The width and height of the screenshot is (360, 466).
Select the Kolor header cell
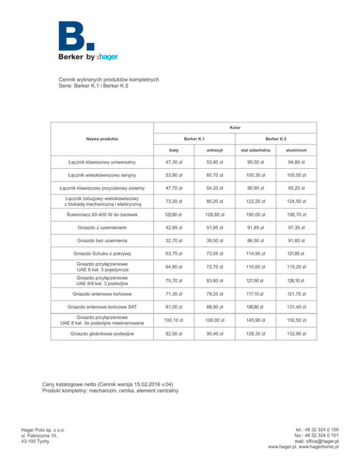coord(235,127)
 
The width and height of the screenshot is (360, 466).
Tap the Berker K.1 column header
coord(195,139)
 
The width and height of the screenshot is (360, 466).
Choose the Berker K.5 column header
coord(276,139)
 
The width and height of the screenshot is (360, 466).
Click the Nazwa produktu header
coord(102,139)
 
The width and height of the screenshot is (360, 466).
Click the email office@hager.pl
coord(322,441)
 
